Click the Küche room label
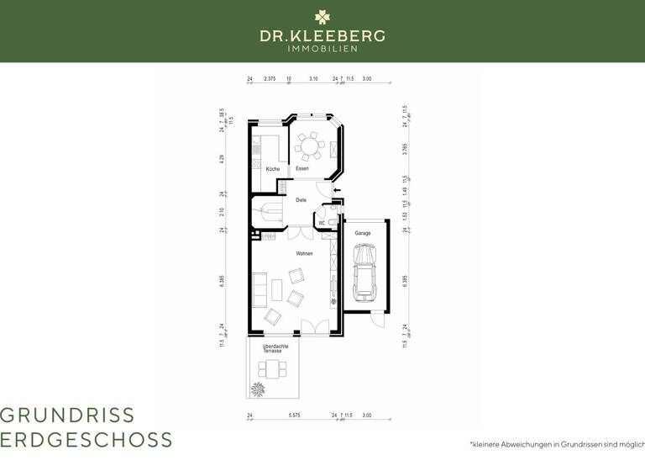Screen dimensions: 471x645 [x=273, y=169]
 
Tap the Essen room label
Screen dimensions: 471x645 [x=302, y=169]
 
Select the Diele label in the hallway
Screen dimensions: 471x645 [x=301, y=200]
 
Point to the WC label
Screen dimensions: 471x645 [x=322, y=223]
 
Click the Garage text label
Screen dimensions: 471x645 [x=363, y=233]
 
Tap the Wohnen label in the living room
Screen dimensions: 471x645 [x=304, y=253]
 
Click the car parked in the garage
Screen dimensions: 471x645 [x=365, y=272]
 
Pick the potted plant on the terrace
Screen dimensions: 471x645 [x=255, y=389]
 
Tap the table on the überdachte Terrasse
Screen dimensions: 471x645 [x=273, y=368]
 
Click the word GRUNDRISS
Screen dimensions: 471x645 [x=67, y=415]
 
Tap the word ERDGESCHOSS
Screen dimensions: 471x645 [x=87, y=440]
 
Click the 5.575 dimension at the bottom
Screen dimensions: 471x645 [x=294, y=415]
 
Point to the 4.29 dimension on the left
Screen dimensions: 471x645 [x=222, y=157]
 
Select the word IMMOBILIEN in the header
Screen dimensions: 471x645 [x=322, y=49]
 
